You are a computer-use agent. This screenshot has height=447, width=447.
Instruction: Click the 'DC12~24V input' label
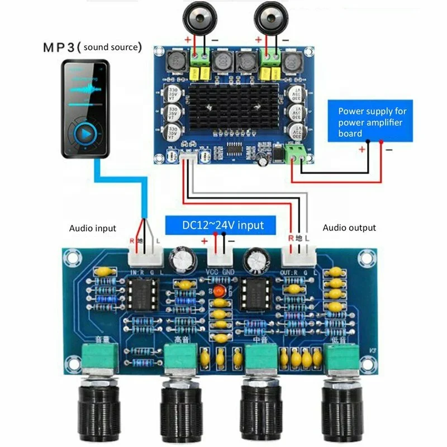[222, 225]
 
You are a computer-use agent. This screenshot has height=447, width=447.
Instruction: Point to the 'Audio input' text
[93, 228]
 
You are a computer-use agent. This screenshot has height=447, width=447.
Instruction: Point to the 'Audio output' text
[349, 228]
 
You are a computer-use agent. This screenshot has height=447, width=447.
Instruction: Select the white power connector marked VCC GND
[220, 258]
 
